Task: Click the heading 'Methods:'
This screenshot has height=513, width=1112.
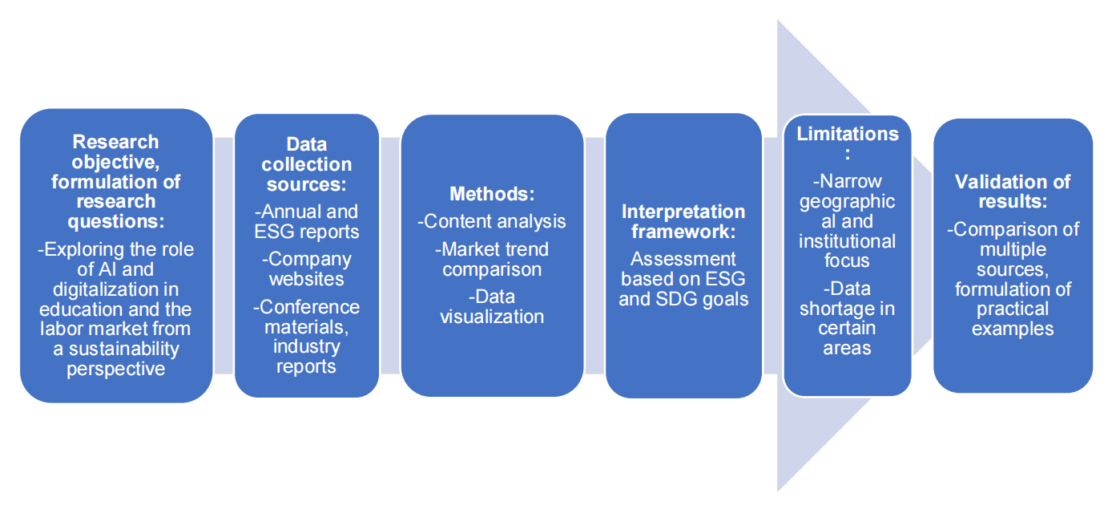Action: coord(492,194)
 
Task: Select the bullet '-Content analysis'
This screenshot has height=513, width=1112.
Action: coord(492,221)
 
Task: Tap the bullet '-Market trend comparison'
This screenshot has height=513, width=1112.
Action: coord(492,259)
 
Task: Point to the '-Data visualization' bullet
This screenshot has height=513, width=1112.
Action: coord(492,306)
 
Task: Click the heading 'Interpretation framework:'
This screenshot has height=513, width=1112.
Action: coord(683,221)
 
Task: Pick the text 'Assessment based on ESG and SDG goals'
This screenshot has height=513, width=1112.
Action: coord(683,279)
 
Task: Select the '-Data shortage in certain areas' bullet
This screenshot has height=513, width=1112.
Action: coord(847,318)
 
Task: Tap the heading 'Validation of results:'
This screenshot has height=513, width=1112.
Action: coord(1013,192)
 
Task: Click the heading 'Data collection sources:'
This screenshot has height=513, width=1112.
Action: coord(307,164)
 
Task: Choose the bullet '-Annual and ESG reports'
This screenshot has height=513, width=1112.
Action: coord(307,221)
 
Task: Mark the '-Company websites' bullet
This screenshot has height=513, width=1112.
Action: coord(307,269)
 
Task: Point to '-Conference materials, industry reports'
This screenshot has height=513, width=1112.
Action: coord(307,337)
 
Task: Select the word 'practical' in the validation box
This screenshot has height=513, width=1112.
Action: coord(1013,309)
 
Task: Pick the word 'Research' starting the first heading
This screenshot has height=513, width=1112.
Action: coord(115,142)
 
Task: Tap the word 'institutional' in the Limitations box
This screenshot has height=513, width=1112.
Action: coord(847,241)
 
